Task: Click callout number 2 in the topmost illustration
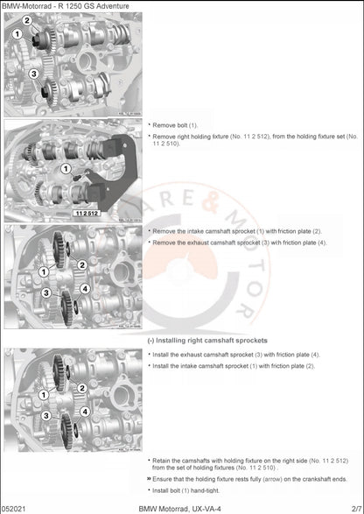pyautogui.click(x=26, y=20)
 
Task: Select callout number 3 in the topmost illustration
pyautogui.click(x=33, y=74)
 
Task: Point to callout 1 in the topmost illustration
pyautogui.click(x=17, y=33)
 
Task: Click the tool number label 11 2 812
pyautogui.click(x=87, y=213)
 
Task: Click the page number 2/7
pyautogui.click(x=352, y=508)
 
